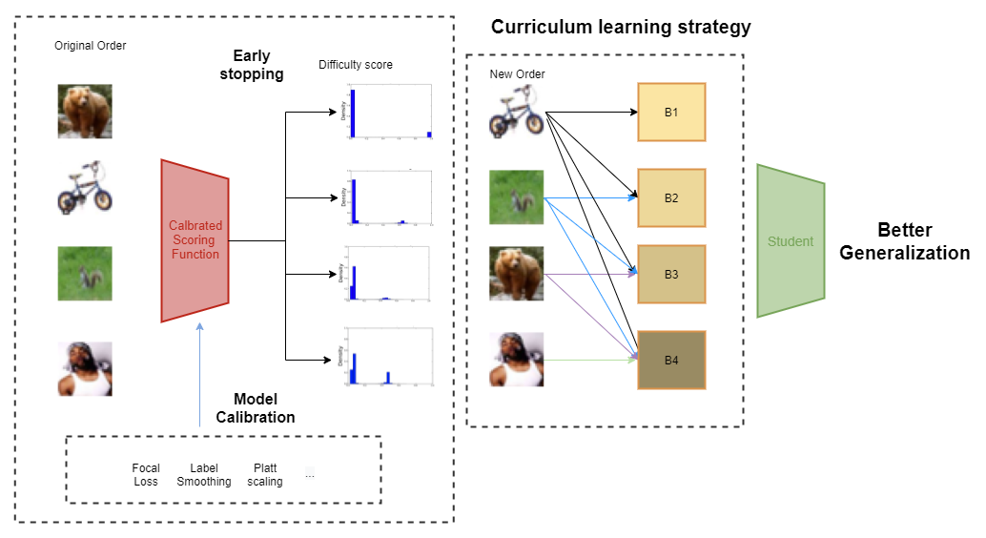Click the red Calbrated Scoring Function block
click(195, 240)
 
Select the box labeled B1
click(671, 113)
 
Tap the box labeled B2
click(671, 198)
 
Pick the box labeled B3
click(671, 275)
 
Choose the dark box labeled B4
click(671, 360)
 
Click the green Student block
click(791, 241)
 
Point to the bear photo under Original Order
click(85, 112)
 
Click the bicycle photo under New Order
click(516, 113)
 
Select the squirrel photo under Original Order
click(85, 275)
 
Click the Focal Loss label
click(146, 475)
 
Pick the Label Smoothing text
click(204, 475)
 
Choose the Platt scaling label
click(264, 475)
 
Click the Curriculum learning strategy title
click(621, 27)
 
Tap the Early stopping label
click(258, 65)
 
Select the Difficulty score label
click(356, 65)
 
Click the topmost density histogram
click(386, 113)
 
